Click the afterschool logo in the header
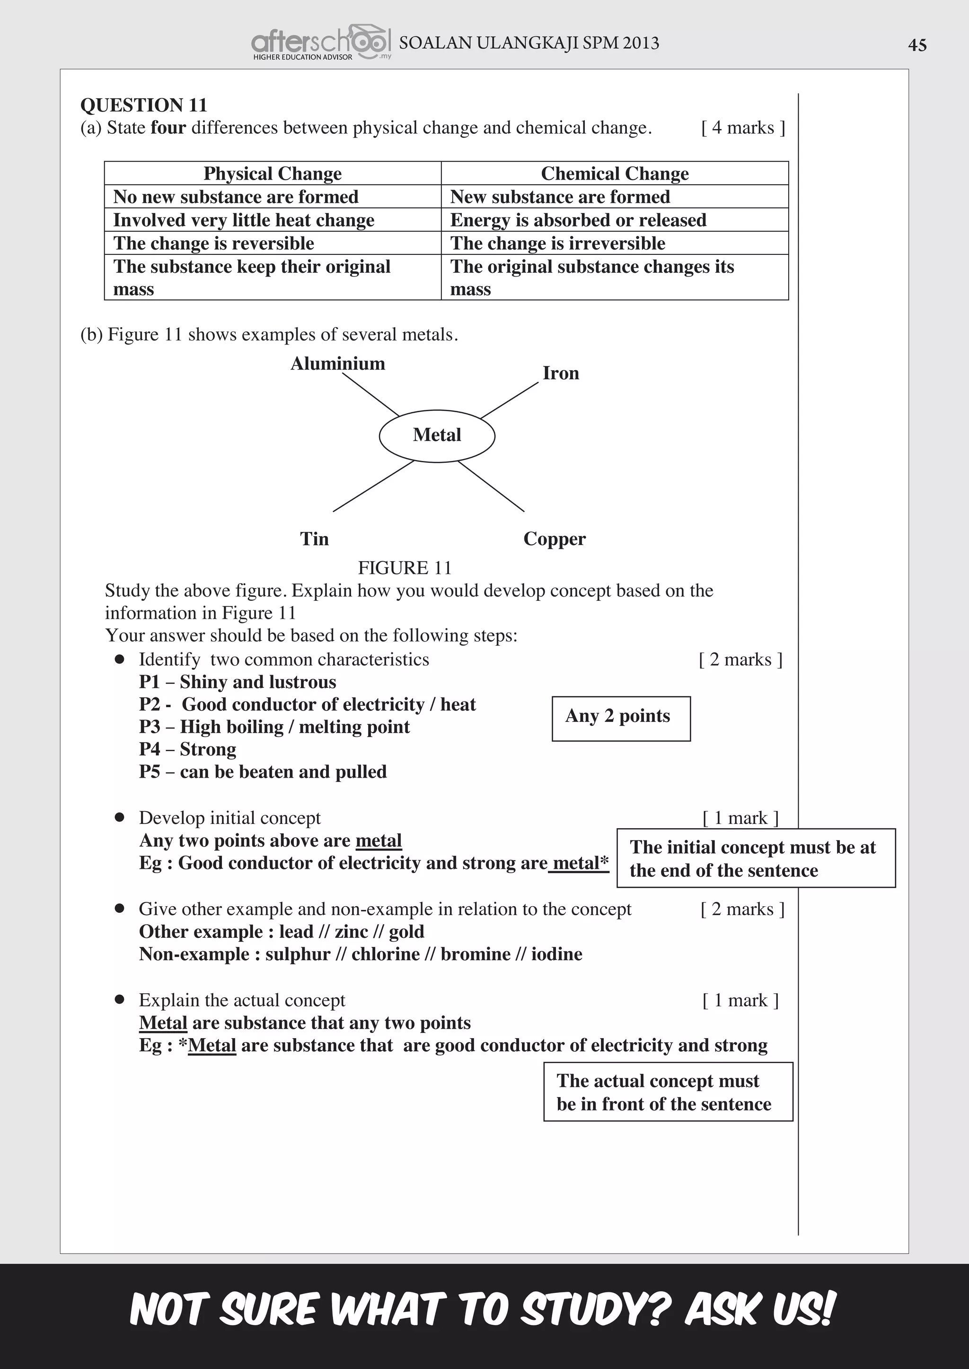(321, 43)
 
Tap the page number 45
(917, 45)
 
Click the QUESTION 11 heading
(144, 105)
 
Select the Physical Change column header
(273, 173)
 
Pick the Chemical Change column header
(615, 173)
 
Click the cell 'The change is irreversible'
(557, 243)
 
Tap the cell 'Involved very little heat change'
(244, 220)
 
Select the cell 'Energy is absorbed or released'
(578, 220)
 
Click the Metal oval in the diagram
(437, 435)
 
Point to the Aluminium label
(338, 364)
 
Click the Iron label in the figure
(560, 373)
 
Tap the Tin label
(315, 539)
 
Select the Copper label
(555, 539)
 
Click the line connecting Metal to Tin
(373, 486)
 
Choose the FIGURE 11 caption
(405, 568)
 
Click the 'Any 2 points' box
(621, 719)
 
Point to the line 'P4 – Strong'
(187, 749)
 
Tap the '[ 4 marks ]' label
(743, 128)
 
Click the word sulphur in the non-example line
(297, 954)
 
